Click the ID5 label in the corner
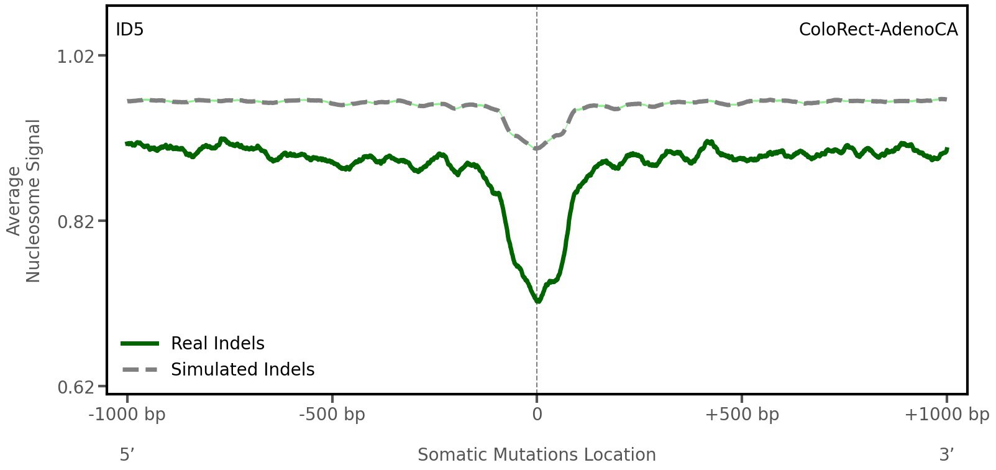(129, 30)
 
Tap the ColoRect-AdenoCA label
(878, 30)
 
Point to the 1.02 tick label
(75, 57)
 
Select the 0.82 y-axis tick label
(75, 222)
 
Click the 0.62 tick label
(75, 387)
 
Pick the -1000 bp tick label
(128, 415)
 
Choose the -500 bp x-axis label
(332, 415)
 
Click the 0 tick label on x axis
(537, 415)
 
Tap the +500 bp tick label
(742, 415)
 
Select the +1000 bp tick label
(946, 415)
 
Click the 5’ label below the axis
(127, 454)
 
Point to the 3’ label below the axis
(946, 454)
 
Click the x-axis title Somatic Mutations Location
(537, 454)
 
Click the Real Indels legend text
(217, 343)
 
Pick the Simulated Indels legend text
(242, 369)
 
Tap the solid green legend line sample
(140, 343)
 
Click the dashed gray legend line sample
(140, 370)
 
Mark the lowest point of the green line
(537, 302)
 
